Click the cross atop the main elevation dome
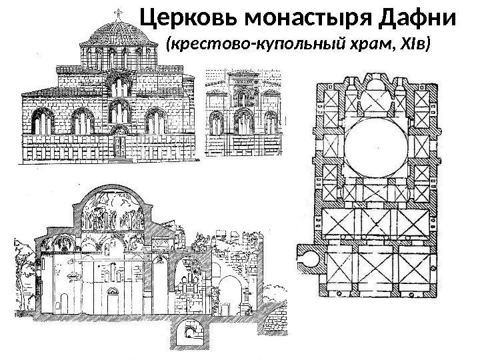coord(120,13)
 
